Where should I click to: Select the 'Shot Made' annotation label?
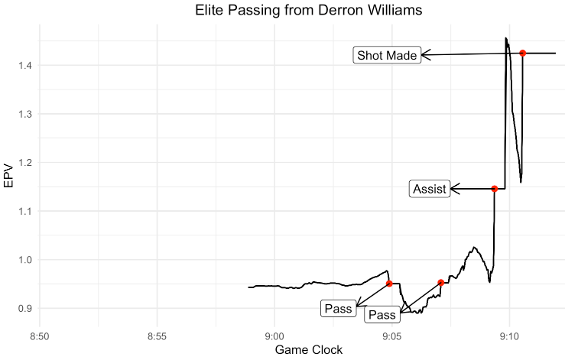(x=387, y=55)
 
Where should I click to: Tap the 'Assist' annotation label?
(x=429, y=189)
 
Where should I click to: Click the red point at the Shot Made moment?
(x=523, y=53)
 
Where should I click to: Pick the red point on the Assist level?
(x=495, y=189)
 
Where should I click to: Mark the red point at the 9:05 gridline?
(x=389, y=284)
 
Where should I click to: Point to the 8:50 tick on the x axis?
(x=40, y=336)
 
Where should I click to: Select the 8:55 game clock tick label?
(x=157, y=336)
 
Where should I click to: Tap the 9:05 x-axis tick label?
(x=391, y=336)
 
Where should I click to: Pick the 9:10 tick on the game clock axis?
(x=509, y=336)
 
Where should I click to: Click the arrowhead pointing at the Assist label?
(x=453, y=189)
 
